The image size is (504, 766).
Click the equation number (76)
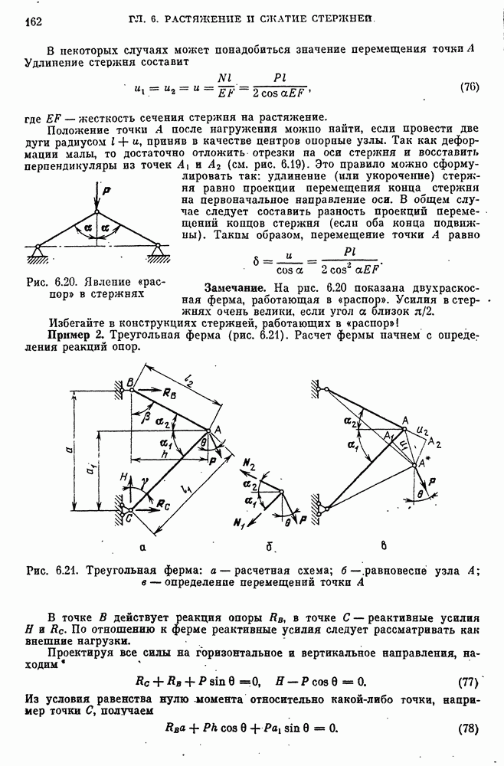point(469,87)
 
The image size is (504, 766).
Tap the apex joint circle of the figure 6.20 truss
point(97,211)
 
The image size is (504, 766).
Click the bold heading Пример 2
point(77,336)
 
